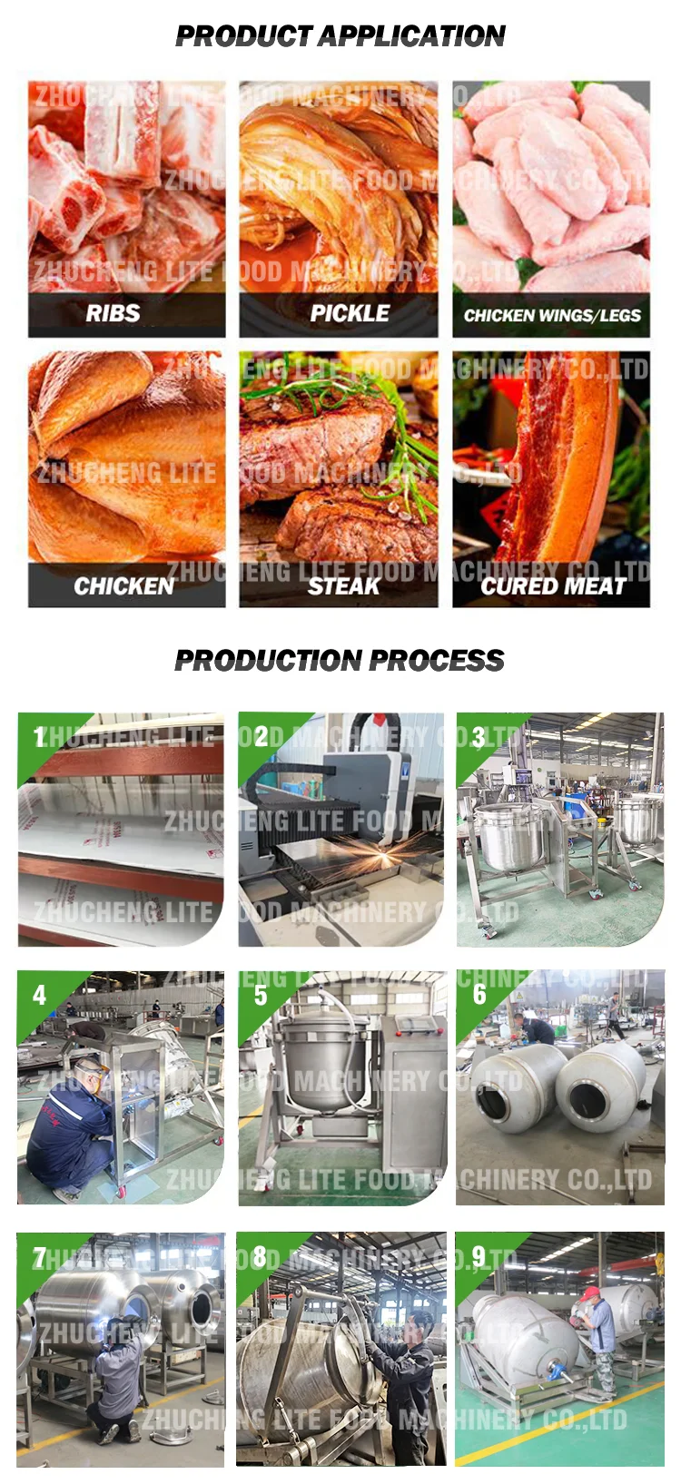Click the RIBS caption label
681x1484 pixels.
[x=113, y=313]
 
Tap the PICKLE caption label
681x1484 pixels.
[x=350, y=313]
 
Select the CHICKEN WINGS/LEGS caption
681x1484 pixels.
[x=552, y=315]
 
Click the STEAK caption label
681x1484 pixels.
[x=343, y=586]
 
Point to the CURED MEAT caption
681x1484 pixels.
[x=552, y=586]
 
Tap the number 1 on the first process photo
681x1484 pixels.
[x=39, y=736]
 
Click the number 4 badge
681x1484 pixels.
[x=39, y=996]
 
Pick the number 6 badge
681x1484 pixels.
[x=479, y=995]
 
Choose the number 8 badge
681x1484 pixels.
[x=259, y=1257]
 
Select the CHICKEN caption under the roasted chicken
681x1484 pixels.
[x=123, y=586]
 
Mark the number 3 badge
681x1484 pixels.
[x=479, y=736]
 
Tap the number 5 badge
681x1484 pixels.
[x=260, y=996]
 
